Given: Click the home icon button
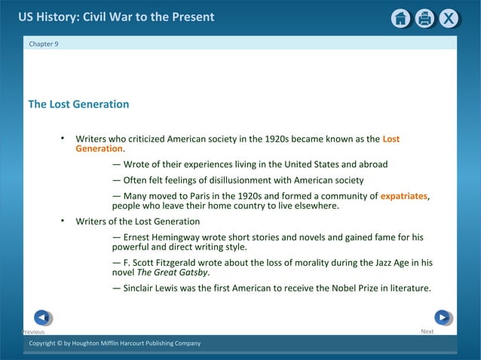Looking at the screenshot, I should point(400,19).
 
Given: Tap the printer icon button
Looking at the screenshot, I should point(424,19).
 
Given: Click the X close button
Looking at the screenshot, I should point(449,19).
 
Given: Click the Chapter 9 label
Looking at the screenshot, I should point(43,44).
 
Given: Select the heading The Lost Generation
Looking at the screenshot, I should point(78,104).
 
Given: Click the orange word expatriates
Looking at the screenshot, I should point(403,196).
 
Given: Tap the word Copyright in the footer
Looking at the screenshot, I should point(45,343).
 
